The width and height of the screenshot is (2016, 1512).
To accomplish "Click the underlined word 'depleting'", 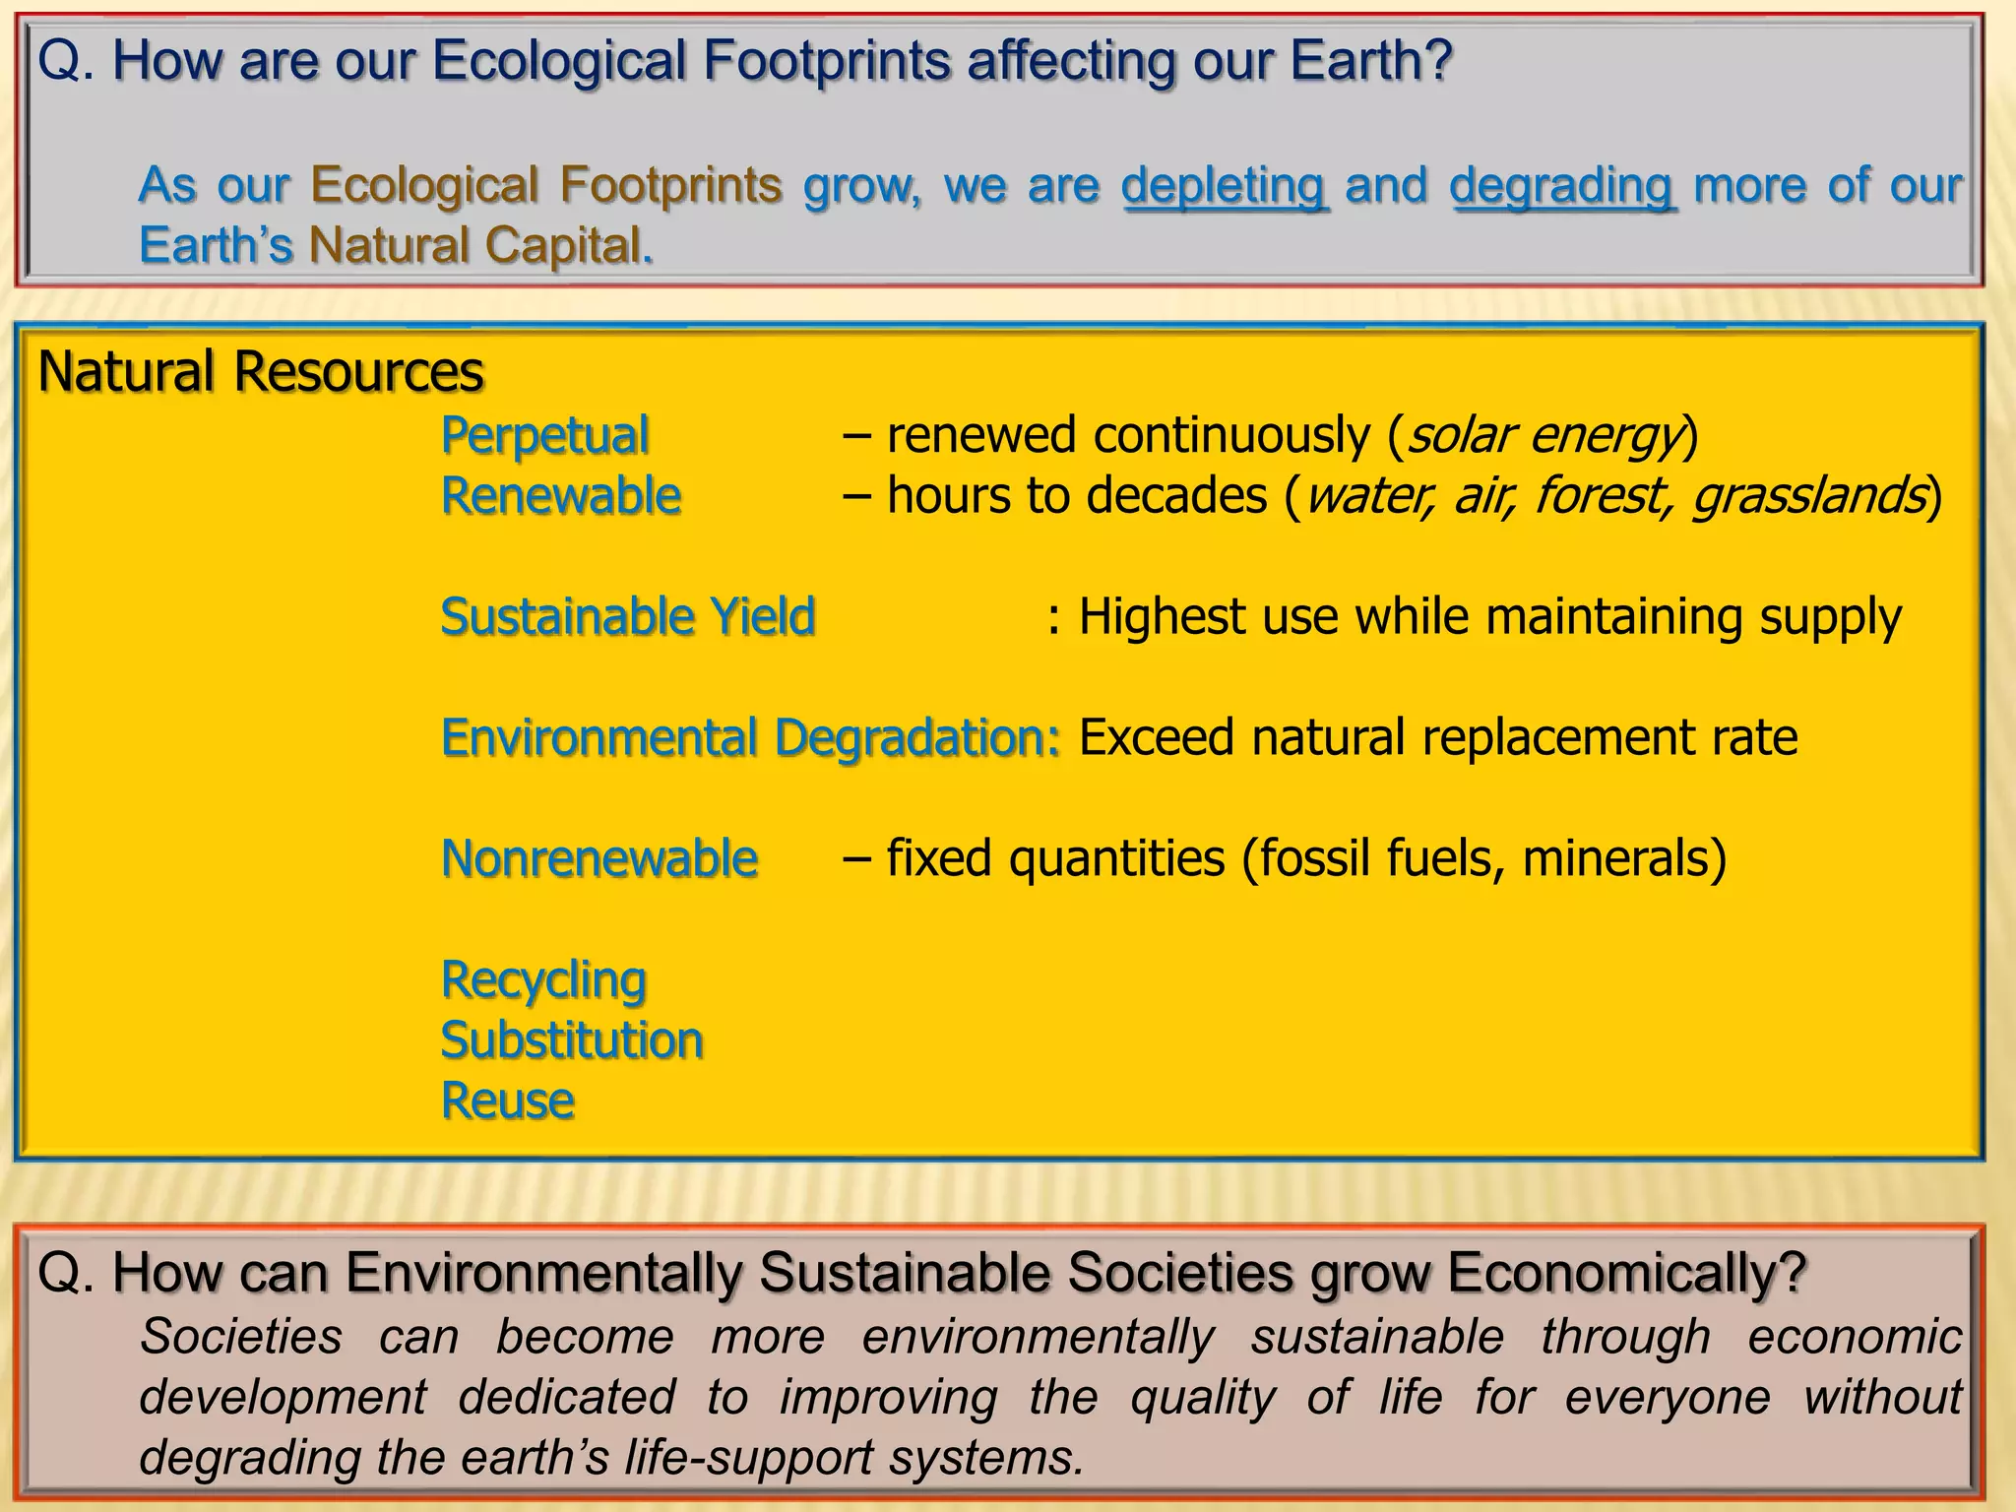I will click(1225, 186).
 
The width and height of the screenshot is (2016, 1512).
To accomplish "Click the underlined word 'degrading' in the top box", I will click(1562, 186).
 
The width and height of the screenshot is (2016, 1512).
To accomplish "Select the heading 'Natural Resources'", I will click(261, 372).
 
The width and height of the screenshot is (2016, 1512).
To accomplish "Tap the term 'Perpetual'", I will click(544, 435).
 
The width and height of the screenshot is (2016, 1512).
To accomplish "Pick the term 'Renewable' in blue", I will click(561, 495).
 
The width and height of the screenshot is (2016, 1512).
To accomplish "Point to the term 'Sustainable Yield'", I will click(628, 617).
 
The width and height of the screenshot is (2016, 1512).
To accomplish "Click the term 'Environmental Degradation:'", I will click(750, 738).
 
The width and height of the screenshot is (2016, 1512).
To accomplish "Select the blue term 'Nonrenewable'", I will click(599, 858).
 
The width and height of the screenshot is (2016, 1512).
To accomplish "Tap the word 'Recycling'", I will click(543, 980).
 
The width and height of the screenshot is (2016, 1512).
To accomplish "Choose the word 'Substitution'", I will click(572, 1040).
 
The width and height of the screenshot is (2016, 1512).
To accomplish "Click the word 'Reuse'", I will click(508, 1101).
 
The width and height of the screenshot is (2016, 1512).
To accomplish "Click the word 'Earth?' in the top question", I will click(1371, 61).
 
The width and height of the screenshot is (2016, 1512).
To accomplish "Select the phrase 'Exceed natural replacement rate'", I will click(1438, 738).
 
